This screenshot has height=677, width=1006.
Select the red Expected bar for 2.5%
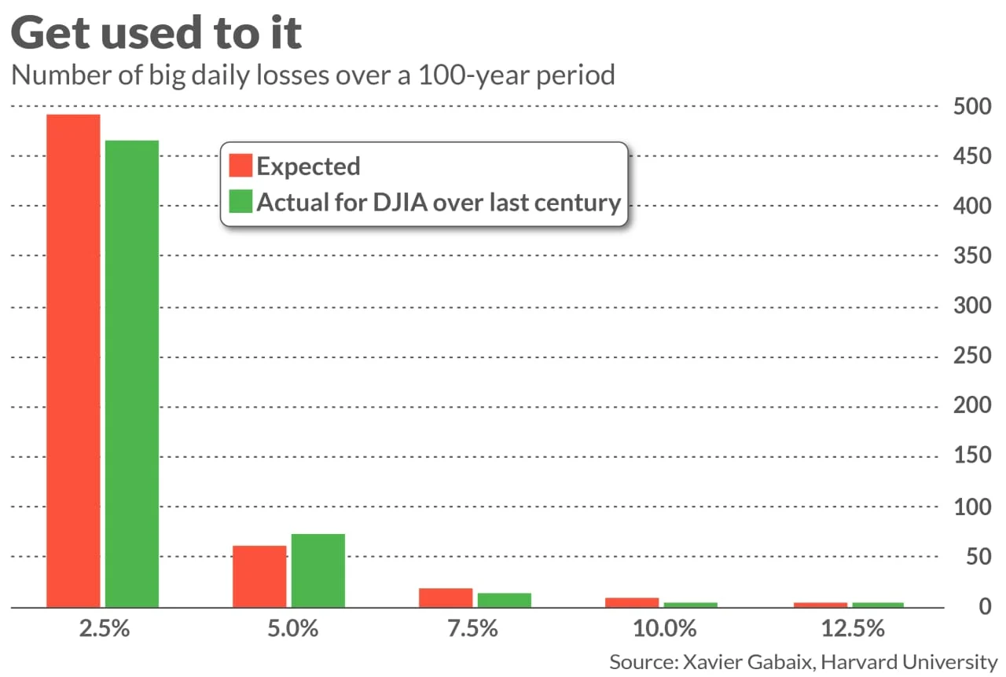[x=74, y=360]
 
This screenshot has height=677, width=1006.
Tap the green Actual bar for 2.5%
[x=132, y=374]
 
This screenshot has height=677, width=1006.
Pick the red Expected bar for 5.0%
[x=259, y=576]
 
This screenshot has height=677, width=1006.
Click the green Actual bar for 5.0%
[x=318, y=571]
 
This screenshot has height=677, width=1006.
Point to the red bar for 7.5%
[x=446, y=598]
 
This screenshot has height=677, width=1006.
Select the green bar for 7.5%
[x=504, y=600]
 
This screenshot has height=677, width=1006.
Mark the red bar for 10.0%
[x=632, y=602]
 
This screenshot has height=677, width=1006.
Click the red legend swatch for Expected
[x=240, y=166]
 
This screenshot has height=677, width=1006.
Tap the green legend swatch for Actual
[x=240, y=202]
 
